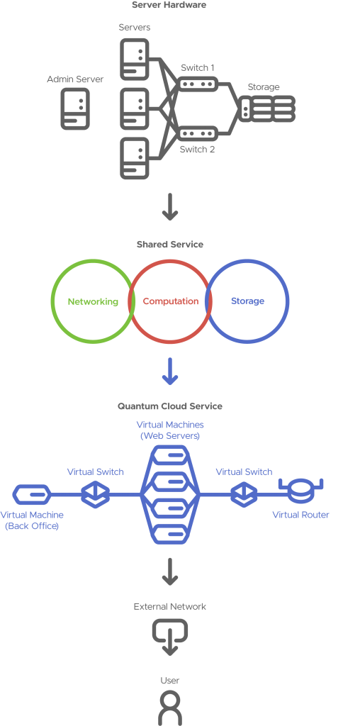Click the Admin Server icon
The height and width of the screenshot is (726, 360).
point(75,108)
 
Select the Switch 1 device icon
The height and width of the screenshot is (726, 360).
point(198,85)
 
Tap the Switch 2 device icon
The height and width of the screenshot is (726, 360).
point(198,134)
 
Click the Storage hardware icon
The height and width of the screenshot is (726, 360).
point(267,108)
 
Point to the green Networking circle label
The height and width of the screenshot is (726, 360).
point(93,302)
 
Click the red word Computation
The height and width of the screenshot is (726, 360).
point(170,301)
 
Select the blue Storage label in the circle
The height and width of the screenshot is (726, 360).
point(247,301)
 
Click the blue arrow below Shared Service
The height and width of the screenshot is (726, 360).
point(170,371)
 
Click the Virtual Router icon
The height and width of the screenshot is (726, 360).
point(300,491)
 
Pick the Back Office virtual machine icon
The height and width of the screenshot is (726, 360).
point(31,494)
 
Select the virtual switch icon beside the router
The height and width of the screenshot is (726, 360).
point(244,494)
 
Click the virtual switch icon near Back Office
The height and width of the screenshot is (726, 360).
point(96,494)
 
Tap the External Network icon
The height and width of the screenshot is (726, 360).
point(170,636)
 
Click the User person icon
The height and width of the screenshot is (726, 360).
point(170,708)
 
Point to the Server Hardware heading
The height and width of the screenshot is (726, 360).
point(169,6)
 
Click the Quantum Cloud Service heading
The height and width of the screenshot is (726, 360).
point(170,406)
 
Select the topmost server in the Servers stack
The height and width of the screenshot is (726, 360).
point(135,60)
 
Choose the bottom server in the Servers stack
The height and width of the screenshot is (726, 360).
point(135,158)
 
